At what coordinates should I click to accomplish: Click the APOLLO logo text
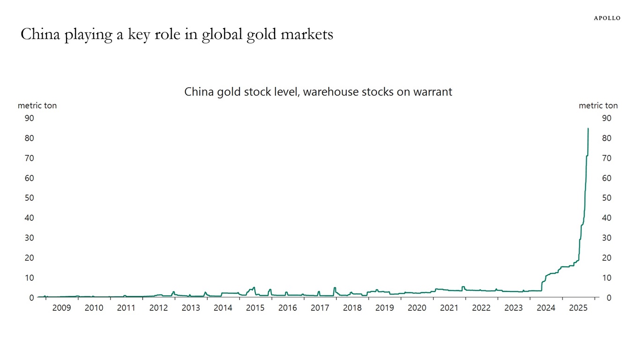coord(607,18)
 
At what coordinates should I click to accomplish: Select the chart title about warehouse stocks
coord(318,91)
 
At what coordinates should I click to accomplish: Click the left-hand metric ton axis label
coord(37,105)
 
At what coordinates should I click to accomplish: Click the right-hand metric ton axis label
coord(598,105)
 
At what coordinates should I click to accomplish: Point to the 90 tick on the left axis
coord(29,118)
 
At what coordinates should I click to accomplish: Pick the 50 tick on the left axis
coord(29,198)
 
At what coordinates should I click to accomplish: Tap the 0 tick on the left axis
coord(31,298)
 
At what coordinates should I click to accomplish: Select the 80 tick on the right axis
coord(606,138)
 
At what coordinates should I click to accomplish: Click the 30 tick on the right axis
coord(606,238)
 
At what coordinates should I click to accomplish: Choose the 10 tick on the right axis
coord(606,277)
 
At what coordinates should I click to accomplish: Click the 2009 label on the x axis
coord(61,308)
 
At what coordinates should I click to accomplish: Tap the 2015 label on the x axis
coord(255,308)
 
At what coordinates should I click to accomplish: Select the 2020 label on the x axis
coord(417,308)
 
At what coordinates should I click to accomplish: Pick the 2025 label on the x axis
coord(578,308)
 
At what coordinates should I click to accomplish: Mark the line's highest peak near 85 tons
coord(588,128)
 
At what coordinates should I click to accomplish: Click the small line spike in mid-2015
coord(254,287)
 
